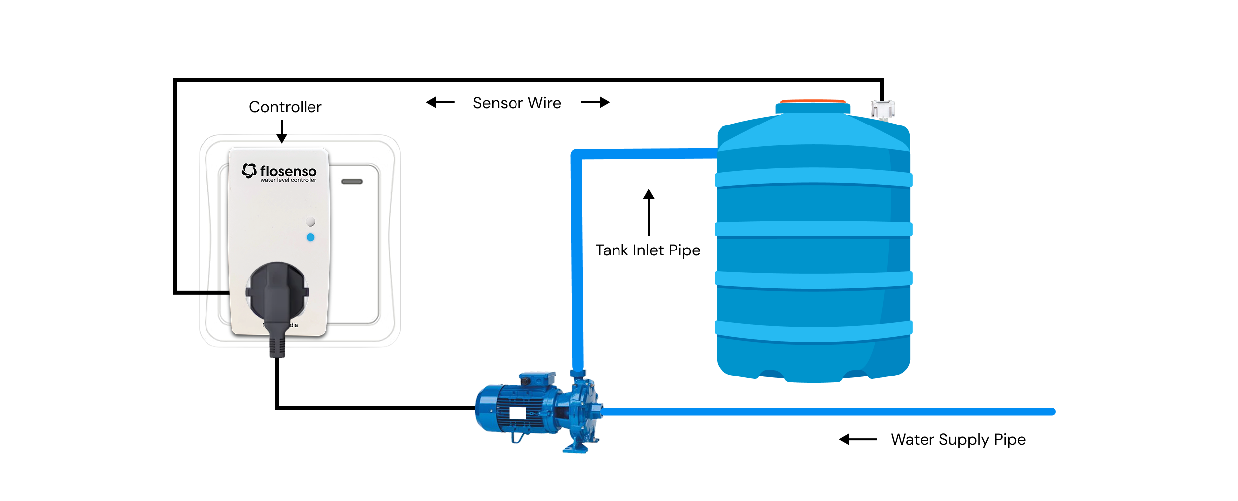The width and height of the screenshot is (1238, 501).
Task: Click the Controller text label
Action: pyautogui.click(x=285, y=107)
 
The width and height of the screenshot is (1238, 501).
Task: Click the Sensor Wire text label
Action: pyautogui.click(x=516, y=103)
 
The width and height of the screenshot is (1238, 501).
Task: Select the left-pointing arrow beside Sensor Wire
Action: pyautogui.click(x=440, y=103)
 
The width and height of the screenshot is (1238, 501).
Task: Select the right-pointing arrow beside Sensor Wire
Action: pyautogui.click(x=595, y=102)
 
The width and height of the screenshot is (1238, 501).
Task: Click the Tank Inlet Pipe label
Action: pyautogui.click(x=647, y=250)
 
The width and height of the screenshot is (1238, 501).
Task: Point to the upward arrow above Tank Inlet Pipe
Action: pyautogui.click(x=649, y=212)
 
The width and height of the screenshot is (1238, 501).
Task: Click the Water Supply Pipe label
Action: pyautogui.click(x=958, y=439)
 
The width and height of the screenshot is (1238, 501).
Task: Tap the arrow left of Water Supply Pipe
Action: pyautogui.click(x=858, y=439)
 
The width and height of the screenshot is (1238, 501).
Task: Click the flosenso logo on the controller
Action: pyautogui.click(x=279, y=172)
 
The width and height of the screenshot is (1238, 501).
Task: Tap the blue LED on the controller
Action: pyautogui.click(x=310, y=237)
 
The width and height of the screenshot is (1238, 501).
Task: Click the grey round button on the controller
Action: pyautogui.click(x=310, y=221)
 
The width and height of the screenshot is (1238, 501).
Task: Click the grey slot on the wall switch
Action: pyautogui.click(x=352, y=182)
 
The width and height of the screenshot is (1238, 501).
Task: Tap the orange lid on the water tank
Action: pyautogui.click(x=813, y=101)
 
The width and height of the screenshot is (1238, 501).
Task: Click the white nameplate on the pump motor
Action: pyautogui.click(x=517, y=413)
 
